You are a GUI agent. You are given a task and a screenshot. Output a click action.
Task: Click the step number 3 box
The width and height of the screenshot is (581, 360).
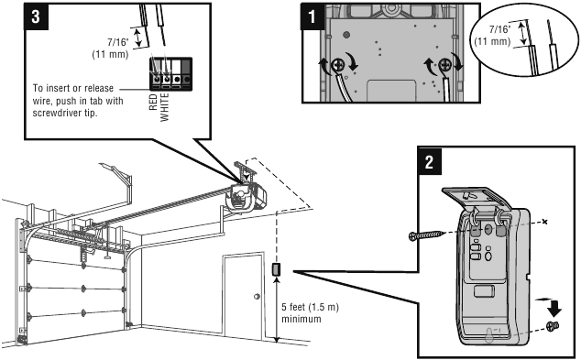coord(36,16)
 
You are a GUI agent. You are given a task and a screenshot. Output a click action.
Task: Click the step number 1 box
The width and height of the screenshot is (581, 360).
coord(312,16)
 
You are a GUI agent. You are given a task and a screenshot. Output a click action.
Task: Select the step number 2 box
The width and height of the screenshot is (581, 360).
coord(430,160)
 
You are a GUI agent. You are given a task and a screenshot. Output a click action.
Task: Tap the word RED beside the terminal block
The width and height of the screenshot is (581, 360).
coord(153,102)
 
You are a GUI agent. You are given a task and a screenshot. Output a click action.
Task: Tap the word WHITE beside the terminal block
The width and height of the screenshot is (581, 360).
coord(164,107)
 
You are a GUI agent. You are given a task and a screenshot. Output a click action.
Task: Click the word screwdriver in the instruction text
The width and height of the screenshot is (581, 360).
coord(56,113)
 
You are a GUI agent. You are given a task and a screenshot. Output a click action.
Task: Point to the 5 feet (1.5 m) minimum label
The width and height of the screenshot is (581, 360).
coord(310,313)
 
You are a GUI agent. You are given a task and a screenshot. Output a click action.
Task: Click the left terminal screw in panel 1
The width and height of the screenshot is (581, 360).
coord(338,66)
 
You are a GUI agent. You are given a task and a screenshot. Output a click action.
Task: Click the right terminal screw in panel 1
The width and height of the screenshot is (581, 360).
coord(444,66)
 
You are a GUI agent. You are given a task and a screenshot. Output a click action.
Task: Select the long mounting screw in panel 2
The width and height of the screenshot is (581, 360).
coord(426,235)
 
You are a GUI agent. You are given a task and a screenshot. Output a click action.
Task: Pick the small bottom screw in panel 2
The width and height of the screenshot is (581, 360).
coord(553,326)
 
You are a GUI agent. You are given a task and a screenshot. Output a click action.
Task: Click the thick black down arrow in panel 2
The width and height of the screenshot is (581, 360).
coord(554,308)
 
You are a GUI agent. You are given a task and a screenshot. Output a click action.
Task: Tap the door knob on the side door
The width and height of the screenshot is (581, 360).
coord(257,297)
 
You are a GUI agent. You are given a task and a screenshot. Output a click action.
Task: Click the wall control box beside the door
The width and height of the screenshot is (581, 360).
coord(277,269)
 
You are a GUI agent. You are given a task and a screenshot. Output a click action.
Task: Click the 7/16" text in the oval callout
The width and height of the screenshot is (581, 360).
coord(499,29)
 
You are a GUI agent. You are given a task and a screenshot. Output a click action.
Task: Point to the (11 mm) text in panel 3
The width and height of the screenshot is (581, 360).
coord(110,54)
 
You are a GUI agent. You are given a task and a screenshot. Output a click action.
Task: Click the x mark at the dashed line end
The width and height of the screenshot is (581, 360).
coord(544,222)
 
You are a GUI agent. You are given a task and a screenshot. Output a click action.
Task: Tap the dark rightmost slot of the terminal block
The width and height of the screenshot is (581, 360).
coord(187,73)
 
